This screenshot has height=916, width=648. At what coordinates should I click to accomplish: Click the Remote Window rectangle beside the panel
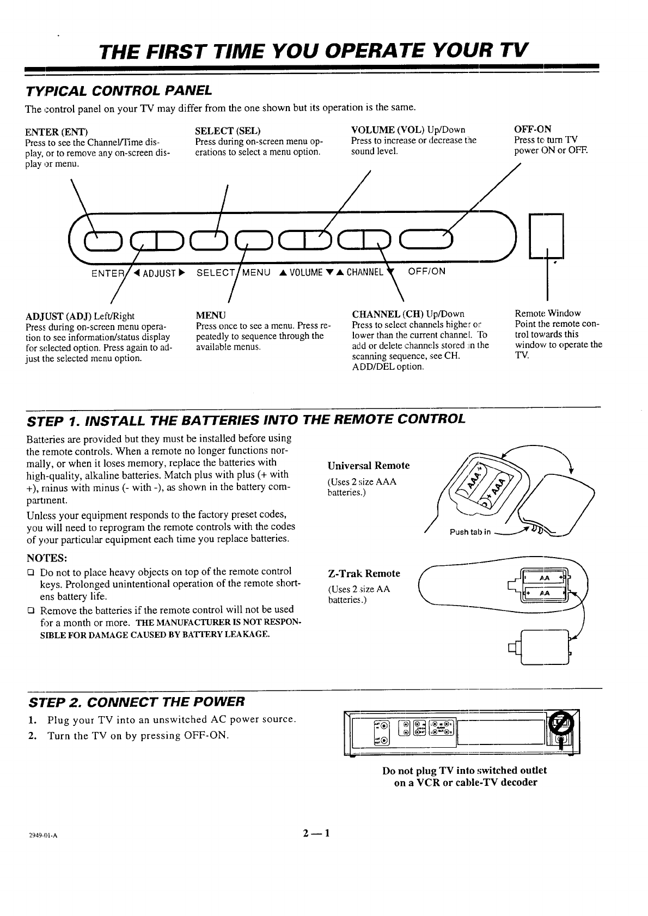[x=546, y=236]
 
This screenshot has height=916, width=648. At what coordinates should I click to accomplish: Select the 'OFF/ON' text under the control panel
[x=426, y=271]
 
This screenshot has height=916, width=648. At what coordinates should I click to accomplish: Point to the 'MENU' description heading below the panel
[x=210, y=314]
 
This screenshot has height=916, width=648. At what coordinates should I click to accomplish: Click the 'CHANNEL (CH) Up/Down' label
[x=408, y=314]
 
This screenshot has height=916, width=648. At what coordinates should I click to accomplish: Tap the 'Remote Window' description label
[x=547, y=313]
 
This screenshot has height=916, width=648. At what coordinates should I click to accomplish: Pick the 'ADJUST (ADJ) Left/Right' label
[x=80, y=316]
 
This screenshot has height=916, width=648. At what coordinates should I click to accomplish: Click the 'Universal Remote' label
[x=368, y=466]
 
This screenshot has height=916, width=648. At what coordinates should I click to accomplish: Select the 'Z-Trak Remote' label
[x=364, y=573]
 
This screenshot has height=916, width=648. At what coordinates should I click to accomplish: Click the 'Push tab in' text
[x=469, y=532]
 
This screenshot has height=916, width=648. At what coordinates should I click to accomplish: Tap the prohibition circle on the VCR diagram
[x=559, y=723]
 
